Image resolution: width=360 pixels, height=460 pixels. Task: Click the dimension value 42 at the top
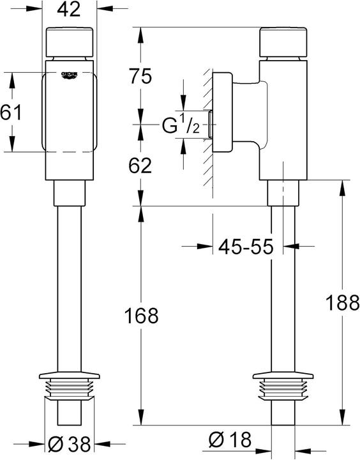(70, 10)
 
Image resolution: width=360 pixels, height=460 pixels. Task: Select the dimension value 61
(11, 113)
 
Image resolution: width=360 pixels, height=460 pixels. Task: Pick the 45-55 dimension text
(245, 245)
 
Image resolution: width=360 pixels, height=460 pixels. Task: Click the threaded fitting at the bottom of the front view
(70, 388)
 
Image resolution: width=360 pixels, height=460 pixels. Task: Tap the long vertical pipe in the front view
(70, 287)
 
